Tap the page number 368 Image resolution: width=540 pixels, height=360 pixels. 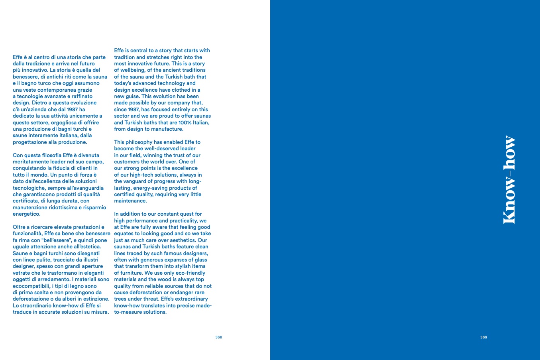tap(218, 337)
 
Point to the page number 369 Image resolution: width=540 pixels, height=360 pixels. tap(483, 337)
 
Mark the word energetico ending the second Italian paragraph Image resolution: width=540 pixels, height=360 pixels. tap(26, 214)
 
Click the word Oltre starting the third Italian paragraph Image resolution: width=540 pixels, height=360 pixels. tap(20, 227)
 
